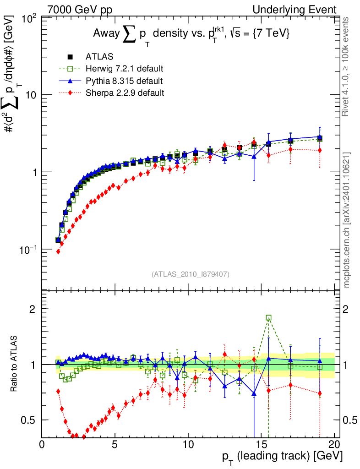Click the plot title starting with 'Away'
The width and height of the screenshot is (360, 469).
pyautogui.click(x=191, y=34)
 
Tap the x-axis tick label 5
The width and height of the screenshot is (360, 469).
pyautogui.click(x=115, y=445)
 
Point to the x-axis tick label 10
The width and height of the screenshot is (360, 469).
pyautogui.click(x=188, y=445)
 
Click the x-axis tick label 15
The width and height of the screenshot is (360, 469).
pyautogui.click(x=261, y=445)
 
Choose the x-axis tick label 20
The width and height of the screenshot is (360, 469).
pyautogui.click(x=334, y=445)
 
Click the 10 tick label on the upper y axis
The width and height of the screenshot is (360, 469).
pyautogui.click(x=31, y=95)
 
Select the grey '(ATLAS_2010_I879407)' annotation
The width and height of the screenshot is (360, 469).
pyautogui.click(x=190, y=274)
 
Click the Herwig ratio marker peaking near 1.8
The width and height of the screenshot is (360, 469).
pyautogui.click(x=268, y=317)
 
